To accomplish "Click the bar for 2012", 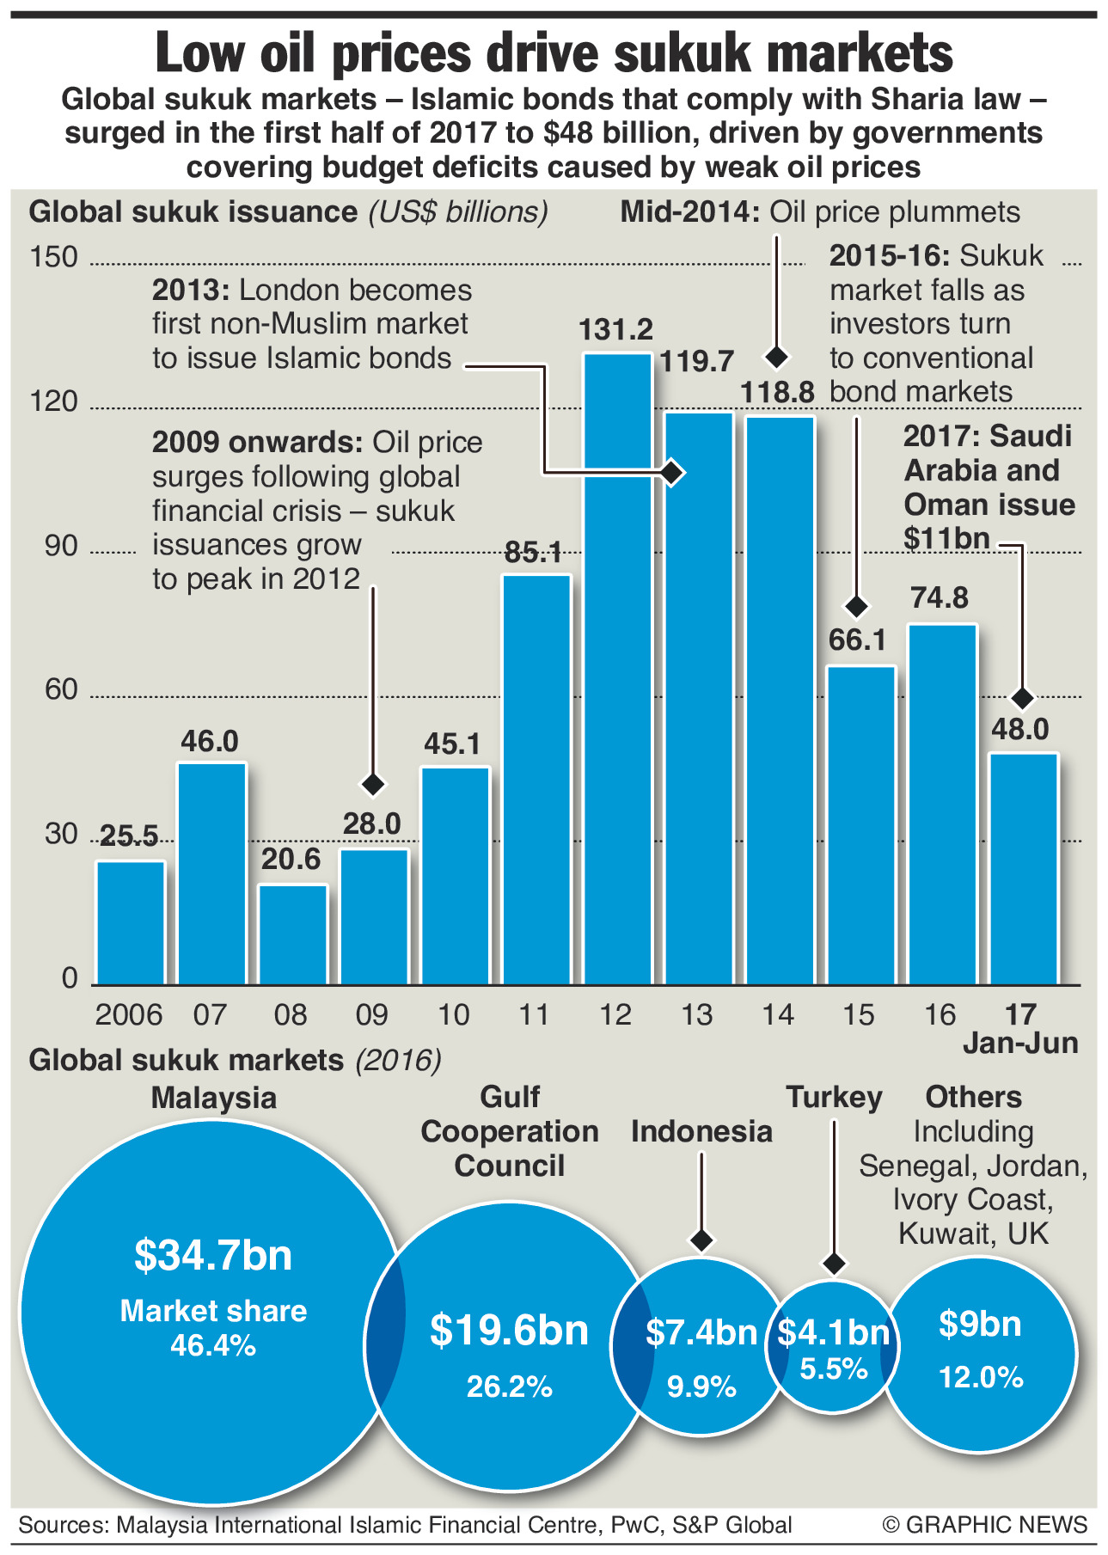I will click(x=617, y=670).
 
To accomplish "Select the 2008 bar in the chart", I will click(x=292, y=934).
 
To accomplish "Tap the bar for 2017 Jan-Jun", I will click(x=1023, y=868).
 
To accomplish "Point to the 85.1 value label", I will click(x=534, y=552).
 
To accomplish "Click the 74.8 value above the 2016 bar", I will click(x=940, y=597).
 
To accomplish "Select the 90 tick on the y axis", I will click(x=60, y=546).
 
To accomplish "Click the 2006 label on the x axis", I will click(x=129, y=1015).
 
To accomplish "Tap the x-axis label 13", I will click(x=696, y=1015).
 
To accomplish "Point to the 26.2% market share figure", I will click(x=509, y=1387).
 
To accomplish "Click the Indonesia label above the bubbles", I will click(x=701, y=1131).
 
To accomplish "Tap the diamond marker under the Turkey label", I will click(x=833, y=1263).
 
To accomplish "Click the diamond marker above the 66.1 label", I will click(x=855, y=607).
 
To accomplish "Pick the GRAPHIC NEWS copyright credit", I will click(x=985, y=1525).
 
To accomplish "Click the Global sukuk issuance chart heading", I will click(x=193, y=212).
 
